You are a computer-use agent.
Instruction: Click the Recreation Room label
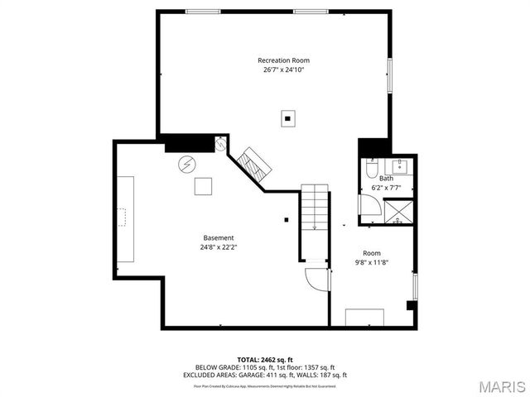coord(277,60)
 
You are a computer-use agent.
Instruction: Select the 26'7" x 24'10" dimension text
coord(277,69)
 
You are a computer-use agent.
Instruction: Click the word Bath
coord(387,179)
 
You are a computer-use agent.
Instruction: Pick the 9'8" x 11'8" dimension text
coord(372,262)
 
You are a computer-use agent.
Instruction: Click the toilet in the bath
coord(372,170)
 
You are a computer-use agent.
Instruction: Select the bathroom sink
coord(400,164)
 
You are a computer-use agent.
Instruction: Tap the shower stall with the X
coord(399,212)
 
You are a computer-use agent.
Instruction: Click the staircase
coord(315,208)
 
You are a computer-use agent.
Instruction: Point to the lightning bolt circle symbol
coord(186,163)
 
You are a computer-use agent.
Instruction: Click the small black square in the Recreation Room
coord(287,119)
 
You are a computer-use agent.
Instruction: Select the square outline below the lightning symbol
coord(204,186)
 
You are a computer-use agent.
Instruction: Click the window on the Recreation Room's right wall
coord(390,76)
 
